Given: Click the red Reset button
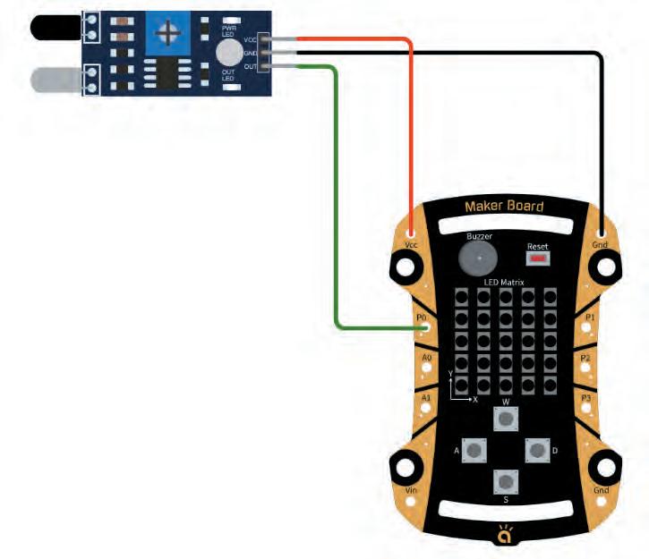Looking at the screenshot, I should click(537, 258).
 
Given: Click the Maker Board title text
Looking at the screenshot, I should click(504, 208).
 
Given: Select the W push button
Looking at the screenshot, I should click(506, 419).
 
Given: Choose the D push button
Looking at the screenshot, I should click(536, 451).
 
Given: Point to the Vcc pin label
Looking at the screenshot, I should click(411, 243).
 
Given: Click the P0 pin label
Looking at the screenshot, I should click(419, 318).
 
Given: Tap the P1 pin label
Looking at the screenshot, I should click(589, 318).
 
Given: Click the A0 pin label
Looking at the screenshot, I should click(426, 358).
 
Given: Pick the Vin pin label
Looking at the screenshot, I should click(412, 491).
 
